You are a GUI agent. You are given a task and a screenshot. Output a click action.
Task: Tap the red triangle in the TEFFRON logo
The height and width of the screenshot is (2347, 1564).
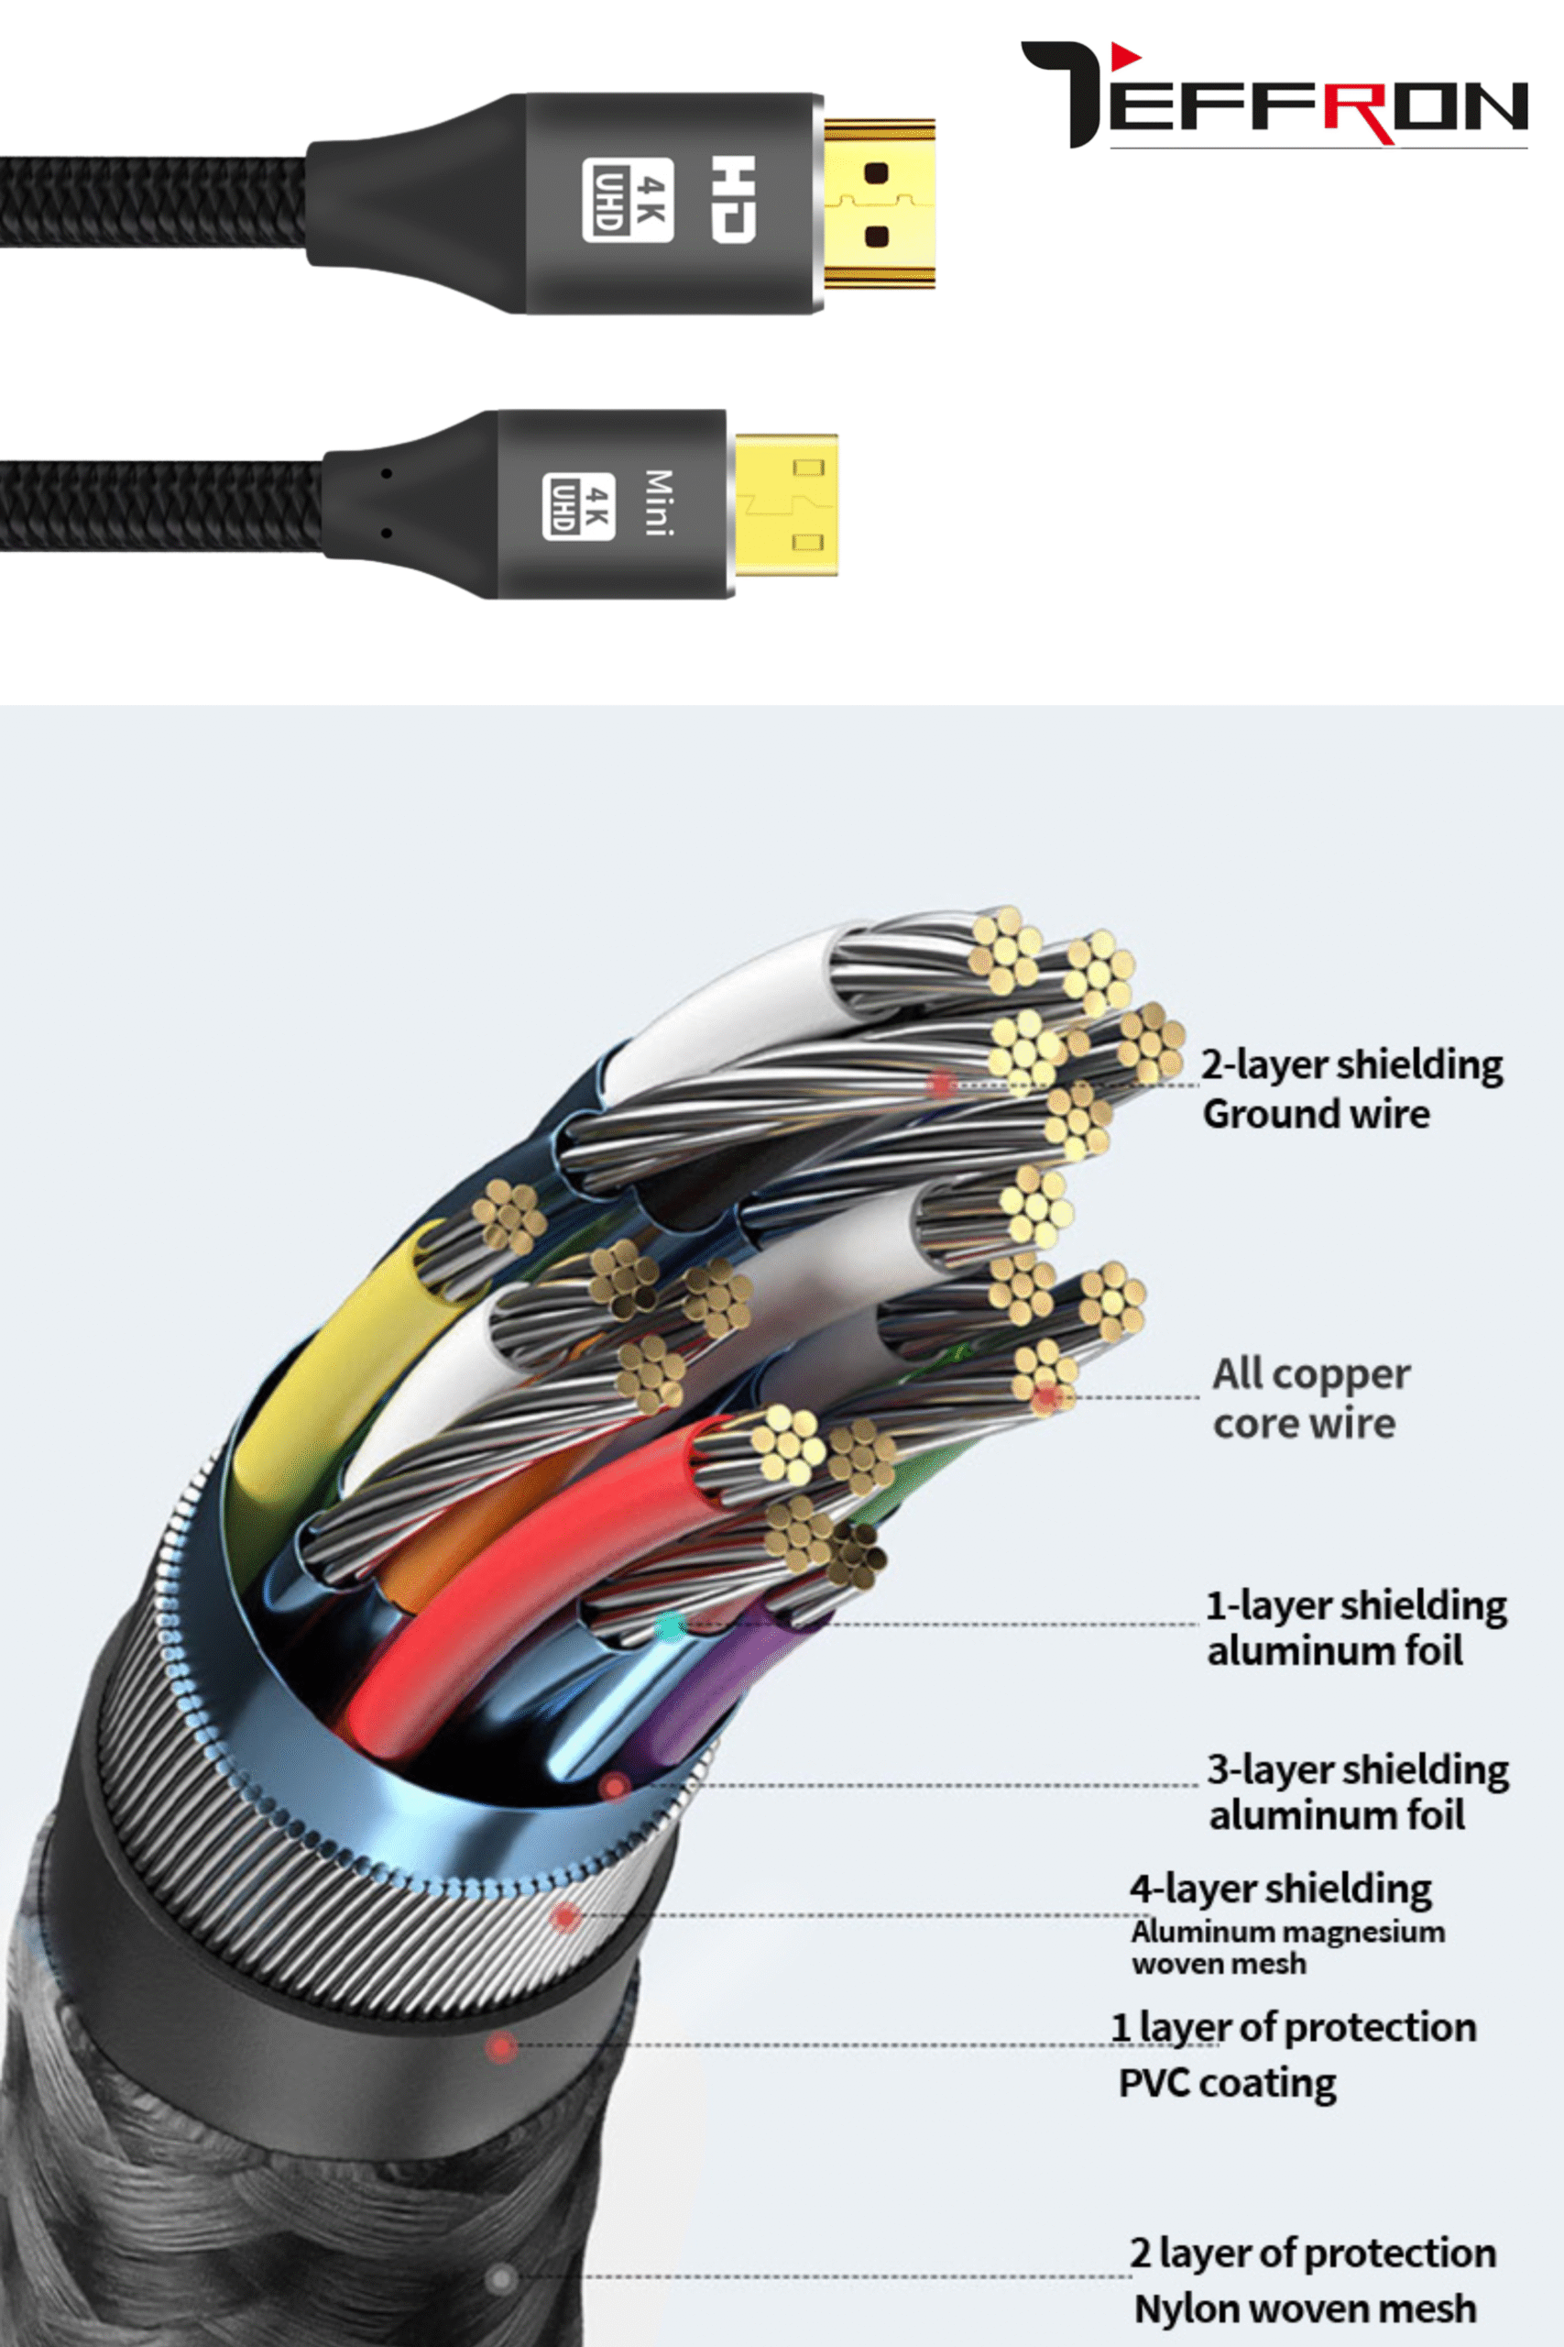[x=1125, y=56]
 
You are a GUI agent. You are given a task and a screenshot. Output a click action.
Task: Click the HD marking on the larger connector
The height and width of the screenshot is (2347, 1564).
[x=733, y=199]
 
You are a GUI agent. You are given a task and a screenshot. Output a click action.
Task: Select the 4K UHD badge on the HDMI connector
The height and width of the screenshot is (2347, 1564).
[x=628, y=200]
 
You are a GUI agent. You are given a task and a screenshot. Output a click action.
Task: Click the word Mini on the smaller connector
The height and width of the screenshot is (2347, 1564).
[x=659, y=503]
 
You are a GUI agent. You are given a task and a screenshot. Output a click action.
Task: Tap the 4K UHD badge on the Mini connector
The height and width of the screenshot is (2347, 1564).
[x=578, y=506]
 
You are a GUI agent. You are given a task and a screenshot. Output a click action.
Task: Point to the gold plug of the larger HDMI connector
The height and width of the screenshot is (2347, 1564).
[x=879, y=204]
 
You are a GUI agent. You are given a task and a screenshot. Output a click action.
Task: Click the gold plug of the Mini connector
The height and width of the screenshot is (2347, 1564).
[x=786, y=505]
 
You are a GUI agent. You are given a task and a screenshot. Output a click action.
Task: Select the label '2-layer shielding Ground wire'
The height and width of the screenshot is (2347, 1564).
[x=1351, y=1088]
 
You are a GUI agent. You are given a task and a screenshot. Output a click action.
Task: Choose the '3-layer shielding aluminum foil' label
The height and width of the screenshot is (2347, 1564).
[x=1357, y=1791]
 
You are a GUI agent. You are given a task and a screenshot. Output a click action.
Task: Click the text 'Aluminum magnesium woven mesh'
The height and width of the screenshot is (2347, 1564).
[x=1286, y=1947]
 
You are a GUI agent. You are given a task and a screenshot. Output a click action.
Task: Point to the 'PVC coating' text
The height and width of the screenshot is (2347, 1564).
[x=1227, y=2083]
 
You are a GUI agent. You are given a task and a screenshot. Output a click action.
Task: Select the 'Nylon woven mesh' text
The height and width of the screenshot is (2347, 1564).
[x=1305, y=2308]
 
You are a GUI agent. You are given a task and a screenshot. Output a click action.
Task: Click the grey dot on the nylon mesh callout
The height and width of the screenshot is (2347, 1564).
[x=501, y=2278]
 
